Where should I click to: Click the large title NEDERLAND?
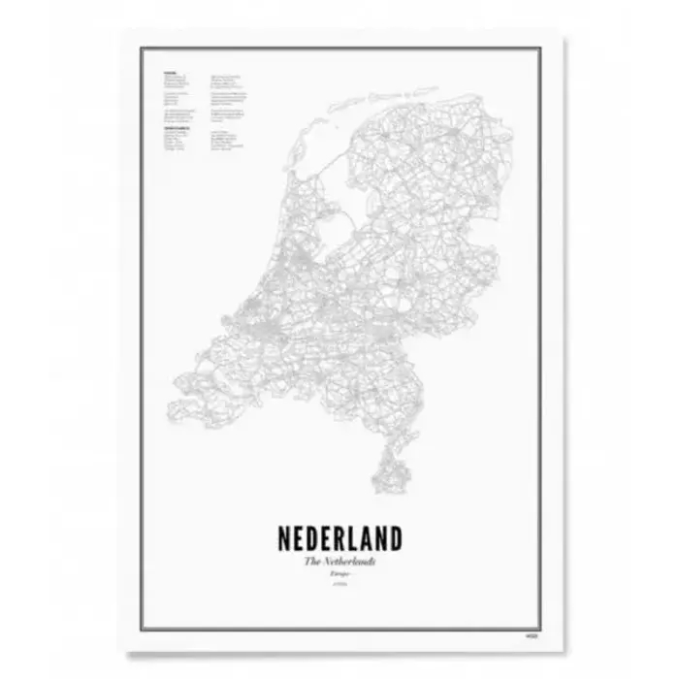[x=339, y=539]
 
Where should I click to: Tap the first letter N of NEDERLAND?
[x=286, y=539]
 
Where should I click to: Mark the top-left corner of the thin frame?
[x=142, y=47]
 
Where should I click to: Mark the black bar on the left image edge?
[x=22, y=339]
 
